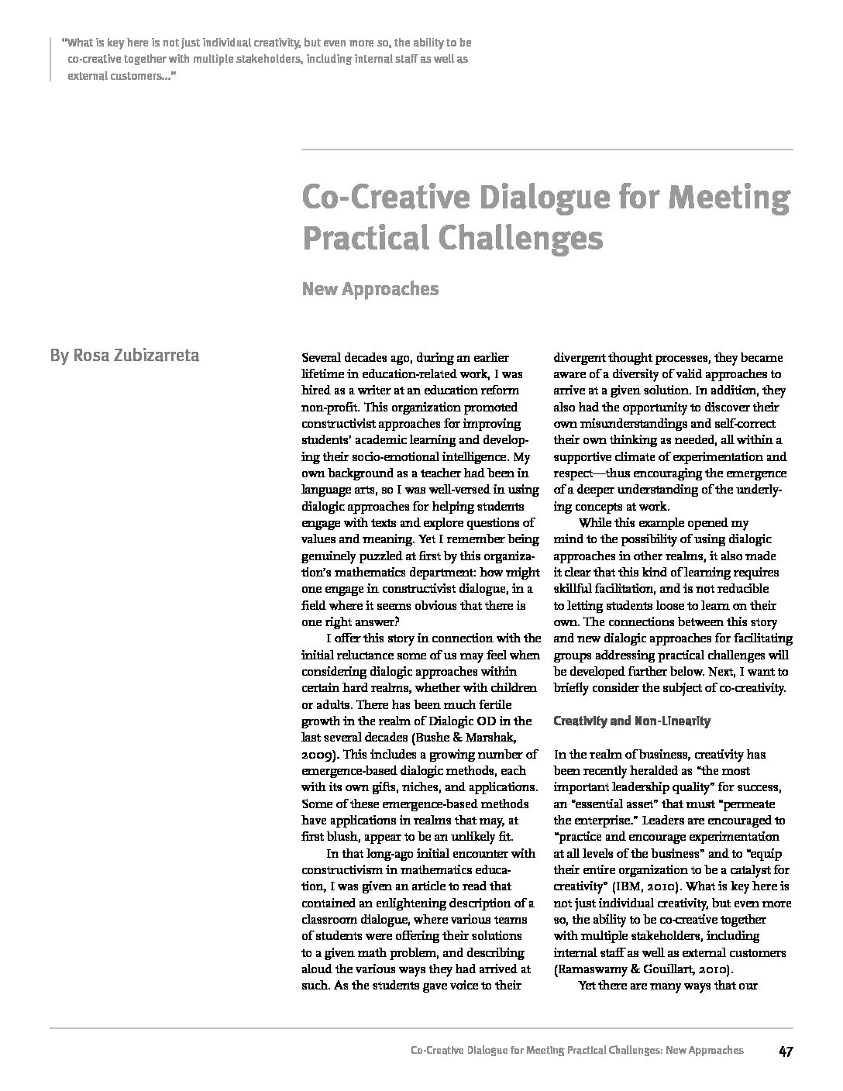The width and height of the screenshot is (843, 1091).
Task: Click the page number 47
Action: (785, 1051)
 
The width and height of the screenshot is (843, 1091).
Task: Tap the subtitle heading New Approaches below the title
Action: (370, 289)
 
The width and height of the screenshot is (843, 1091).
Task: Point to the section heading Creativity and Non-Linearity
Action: (631, 721)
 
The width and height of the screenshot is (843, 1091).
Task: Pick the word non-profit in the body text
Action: (329, 407)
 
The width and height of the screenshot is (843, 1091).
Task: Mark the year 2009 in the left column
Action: (318, 754)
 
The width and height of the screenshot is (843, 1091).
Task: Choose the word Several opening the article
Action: (322, 358)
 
